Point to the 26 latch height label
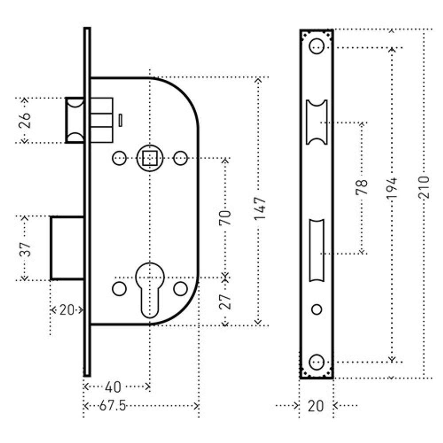pos(25,120)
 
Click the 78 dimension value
pos(362,187)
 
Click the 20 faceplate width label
pos(315,406)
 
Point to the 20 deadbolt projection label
pos(66,310)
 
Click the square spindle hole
pos(150,158)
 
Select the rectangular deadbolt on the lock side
pos(67,248)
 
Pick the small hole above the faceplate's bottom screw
pos(316,310)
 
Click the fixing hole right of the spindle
pos(180,158)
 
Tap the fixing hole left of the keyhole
pos(119,288)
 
